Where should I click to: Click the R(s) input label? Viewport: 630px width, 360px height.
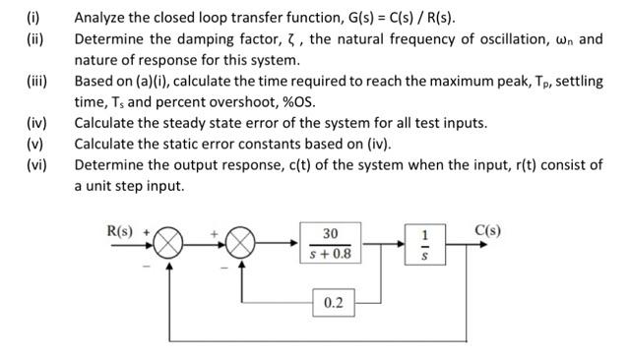click(122, 232)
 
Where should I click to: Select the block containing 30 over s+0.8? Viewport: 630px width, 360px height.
click(330, 244)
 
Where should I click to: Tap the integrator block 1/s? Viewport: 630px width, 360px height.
click(423, 244)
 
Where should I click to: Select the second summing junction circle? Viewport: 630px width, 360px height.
click(242, 244)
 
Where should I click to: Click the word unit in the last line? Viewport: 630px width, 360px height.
click(102, 186)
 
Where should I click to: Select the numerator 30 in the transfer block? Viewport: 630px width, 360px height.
click(330, 234)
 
